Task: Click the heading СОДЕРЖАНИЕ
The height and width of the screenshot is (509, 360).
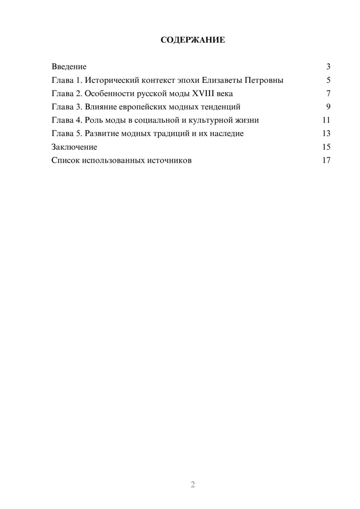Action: pos(193,40)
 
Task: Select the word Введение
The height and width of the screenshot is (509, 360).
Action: pos(69,67)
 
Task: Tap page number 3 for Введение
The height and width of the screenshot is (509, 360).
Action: pos(328,67)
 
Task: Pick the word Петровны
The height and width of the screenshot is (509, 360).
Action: pos(264,80)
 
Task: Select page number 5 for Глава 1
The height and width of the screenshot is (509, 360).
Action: pos(328,80)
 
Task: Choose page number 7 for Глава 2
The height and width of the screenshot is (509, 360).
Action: pos(328,94)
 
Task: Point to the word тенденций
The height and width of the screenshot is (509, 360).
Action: pos(222,107)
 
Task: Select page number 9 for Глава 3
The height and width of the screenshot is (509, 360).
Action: pos(328,107)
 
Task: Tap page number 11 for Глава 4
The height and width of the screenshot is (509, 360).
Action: pos(327,120)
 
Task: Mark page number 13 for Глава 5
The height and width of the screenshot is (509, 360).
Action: pos(327,134)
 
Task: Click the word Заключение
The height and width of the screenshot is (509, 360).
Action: pos(74,147)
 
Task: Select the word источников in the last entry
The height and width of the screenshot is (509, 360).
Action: pos(169,160)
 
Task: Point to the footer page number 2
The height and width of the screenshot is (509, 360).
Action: pos(193,485)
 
